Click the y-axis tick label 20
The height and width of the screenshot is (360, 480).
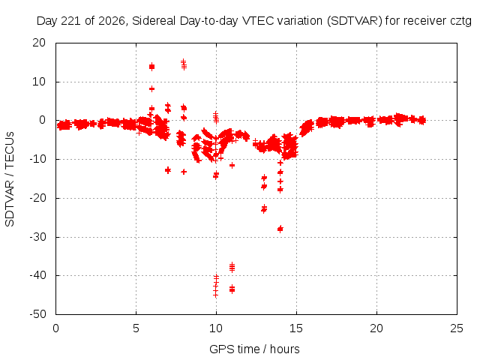39,43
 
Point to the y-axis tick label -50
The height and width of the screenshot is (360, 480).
37,314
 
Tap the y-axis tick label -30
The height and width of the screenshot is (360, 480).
37,237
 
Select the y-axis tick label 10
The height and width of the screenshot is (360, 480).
39,82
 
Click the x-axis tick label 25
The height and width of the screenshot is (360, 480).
457,328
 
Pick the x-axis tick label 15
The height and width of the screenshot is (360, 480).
296,328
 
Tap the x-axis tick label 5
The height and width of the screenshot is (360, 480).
136,328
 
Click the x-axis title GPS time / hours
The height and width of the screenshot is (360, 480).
254,349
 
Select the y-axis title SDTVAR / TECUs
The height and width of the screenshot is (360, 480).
10,179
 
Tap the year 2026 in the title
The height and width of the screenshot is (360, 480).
112,21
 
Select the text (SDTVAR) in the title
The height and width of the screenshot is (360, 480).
355,21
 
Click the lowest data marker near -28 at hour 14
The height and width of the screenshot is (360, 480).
280,229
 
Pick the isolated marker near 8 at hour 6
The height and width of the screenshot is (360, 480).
151,88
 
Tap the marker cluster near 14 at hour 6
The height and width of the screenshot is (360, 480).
151,67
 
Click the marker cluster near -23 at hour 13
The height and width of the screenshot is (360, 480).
264,209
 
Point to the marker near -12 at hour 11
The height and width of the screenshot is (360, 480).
232,165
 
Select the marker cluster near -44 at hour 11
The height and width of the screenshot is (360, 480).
232,289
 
